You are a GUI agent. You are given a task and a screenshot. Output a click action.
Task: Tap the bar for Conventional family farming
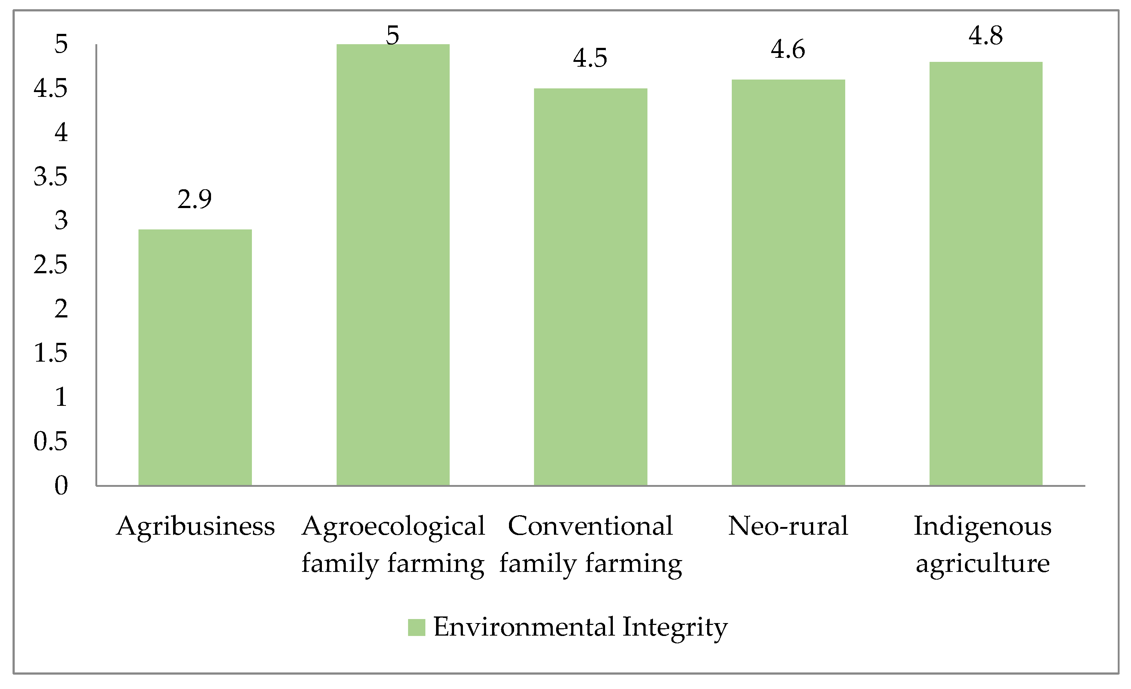590,287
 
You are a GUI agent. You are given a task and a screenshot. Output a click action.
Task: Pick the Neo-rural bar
788,282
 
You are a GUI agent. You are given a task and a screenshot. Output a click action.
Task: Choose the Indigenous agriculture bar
986,274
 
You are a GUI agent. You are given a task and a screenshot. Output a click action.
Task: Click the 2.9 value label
194,199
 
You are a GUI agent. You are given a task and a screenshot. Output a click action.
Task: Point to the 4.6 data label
788,50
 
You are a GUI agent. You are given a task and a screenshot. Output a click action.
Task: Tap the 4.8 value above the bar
986,36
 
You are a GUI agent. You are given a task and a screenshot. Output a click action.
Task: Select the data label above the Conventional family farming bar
590,58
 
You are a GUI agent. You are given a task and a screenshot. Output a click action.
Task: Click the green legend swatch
416,627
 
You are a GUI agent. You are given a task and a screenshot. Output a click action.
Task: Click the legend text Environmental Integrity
580,627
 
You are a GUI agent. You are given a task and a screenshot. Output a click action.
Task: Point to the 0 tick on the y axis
61,485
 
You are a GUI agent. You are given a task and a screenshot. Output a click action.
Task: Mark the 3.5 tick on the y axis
50,177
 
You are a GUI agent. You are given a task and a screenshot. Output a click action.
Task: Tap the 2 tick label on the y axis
61,309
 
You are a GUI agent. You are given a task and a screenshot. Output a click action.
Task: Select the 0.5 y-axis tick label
50,441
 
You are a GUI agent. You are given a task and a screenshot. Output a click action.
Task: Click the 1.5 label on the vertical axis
50,353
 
